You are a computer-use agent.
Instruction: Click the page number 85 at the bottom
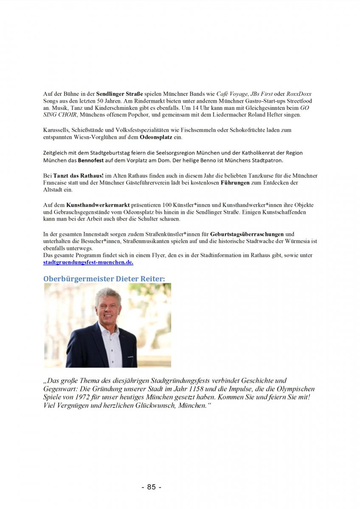click(x=151, y=487)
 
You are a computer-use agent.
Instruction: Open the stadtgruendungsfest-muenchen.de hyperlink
click(x=88, y=262)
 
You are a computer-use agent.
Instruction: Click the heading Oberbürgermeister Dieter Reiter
click(x=104, y=279)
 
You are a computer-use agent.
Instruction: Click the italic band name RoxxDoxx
click(x=299, y=94)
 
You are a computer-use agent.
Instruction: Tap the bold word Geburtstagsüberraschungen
click(x=247, y=234)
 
